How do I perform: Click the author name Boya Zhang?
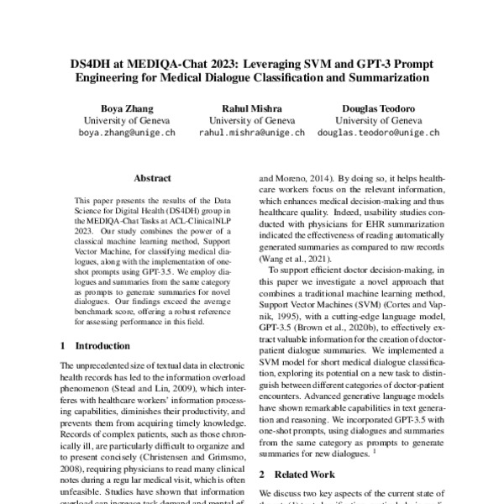pos(112,108)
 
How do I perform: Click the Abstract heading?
pos(152,178)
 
